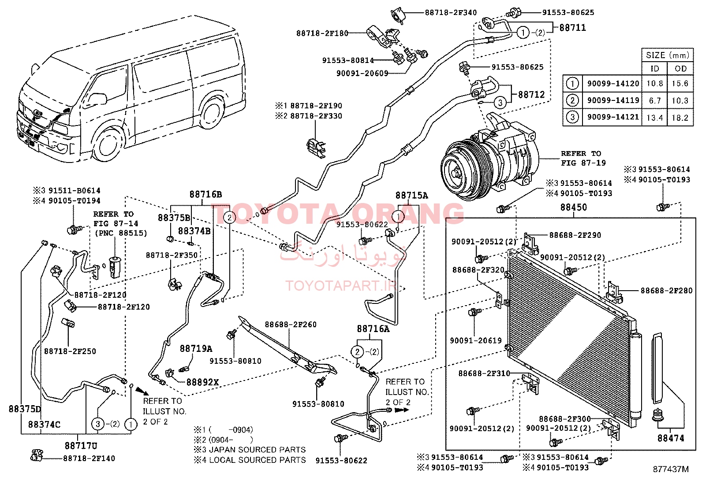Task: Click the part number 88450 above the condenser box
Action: click(573, 207)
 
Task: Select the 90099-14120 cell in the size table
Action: click(613, 84)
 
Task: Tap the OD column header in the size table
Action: click(680, 69)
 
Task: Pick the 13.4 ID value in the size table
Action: click(655, 118)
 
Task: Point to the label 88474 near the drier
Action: click(671, 438)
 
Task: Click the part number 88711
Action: click(572, 28)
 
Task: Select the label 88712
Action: click(531, 95)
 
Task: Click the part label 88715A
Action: click(411, 196)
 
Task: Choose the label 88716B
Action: click(205, 194)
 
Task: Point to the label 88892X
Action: click(202, 382)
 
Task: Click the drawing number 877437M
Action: click(670, 469)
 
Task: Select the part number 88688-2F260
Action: click(291, 325)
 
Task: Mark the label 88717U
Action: click(81, 446)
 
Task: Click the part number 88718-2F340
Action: click(451, 13)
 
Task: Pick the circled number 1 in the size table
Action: click(572, 84)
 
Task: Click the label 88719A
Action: click(196, 349)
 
